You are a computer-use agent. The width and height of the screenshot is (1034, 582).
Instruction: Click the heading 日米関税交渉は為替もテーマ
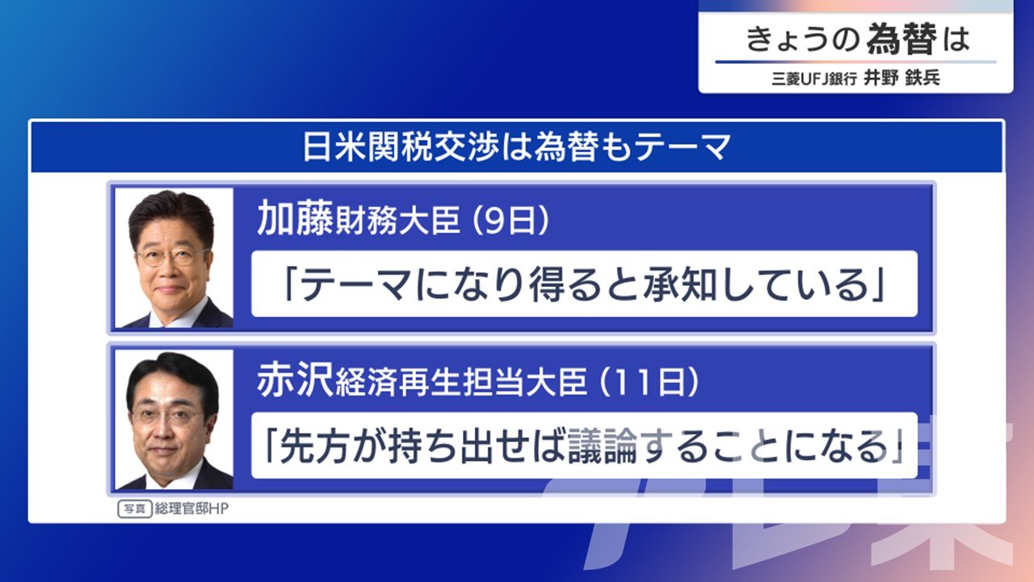(x=516, y=147)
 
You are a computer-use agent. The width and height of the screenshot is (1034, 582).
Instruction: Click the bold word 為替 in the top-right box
(x=902, y=40)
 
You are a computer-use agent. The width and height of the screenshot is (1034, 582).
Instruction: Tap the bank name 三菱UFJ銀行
(x=813, y=79)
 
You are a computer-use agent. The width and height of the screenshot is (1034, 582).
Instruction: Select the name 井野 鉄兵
(x=902, y=78)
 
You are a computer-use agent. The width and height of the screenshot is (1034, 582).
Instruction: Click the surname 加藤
(x=295, y=218)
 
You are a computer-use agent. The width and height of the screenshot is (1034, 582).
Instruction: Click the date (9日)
(x=510, y=221)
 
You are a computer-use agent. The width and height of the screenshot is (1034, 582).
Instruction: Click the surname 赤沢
(x=295, y=380)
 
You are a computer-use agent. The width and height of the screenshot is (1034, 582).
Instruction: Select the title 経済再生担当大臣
(x=461, y=382)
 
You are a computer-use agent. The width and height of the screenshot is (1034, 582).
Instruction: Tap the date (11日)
(x=648, y=382)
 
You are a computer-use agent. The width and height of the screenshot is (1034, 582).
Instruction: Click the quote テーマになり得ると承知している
(x=584, y=285)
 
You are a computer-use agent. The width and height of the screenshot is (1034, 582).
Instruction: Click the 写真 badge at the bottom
(x=135, y=509)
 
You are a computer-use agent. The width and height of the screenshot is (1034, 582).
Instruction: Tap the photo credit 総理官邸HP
(x=191, y=509)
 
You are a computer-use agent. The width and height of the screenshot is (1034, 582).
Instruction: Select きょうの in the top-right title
(x=802, y=40)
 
